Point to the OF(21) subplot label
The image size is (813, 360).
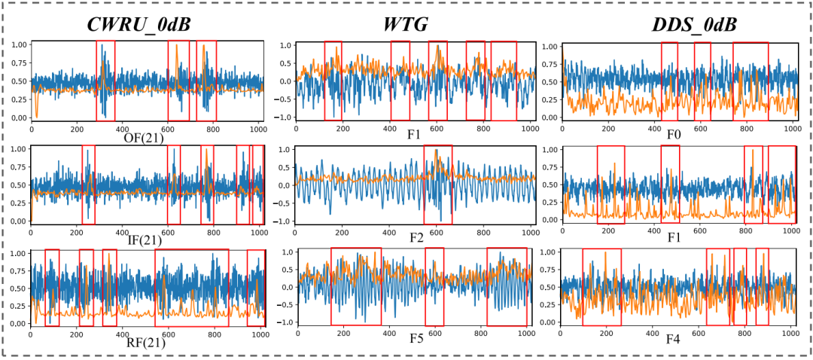pyautogui.click(x=145, y=136)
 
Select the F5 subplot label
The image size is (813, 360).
pyautogui.click(x=416, y=340)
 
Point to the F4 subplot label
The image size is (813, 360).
pyautogui.click(x=674, y=340)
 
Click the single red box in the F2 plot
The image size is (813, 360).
pyautogui.click(x=438, y=185)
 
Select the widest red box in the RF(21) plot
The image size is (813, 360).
pyautogui.click(x=191, y=287)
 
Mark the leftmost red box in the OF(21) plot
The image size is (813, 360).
pyautogui.click(x=105, y=81)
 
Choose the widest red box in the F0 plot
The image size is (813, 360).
pyautogui.click(x=751, y=81)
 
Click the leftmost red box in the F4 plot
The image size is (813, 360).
pyautogui.click(x=602, y=286)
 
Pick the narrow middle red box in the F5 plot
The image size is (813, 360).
pyautogui.click(x=434, y=286)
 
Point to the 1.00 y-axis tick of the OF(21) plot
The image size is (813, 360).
pyautogui.click(x=17, y=44)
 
